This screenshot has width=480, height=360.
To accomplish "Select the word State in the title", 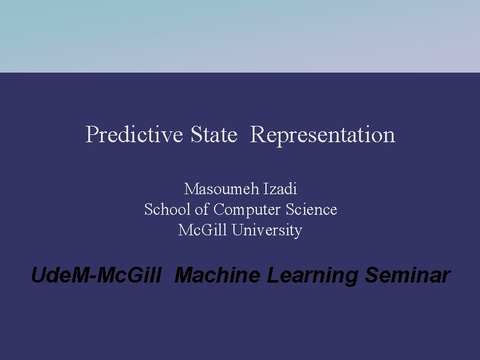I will [213, 134].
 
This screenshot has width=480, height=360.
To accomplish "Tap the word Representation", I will [322, 134].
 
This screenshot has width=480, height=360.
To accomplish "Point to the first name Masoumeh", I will [221, 189].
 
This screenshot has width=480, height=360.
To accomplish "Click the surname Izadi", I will [281, 189].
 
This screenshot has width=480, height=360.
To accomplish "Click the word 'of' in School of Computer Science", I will [203, 209].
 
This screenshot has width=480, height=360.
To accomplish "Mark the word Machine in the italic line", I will [218, 276].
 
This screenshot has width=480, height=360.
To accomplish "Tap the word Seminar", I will [407, 276].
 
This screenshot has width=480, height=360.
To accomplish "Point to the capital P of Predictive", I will [92, 134].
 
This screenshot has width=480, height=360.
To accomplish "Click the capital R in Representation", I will [257, 134].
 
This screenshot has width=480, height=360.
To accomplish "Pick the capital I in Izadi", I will [265, 189].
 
